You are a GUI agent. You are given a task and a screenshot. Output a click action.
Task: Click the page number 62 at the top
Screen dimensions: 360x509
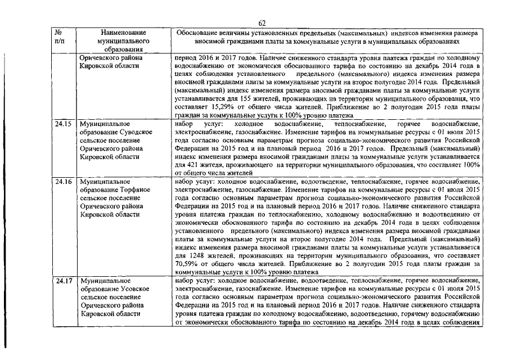[x=262, y=22]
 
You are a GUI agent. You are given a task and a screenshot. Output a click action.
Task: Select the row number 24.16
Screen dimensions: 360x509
[x=63, y=183]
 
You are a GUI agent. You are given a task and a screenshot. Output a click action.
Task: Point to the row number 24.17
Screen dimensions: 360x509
[x=63, y=280]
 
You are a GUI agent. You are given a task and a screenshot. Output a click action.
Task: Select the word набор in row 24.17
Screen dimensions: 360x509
[x=184, y=280]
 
